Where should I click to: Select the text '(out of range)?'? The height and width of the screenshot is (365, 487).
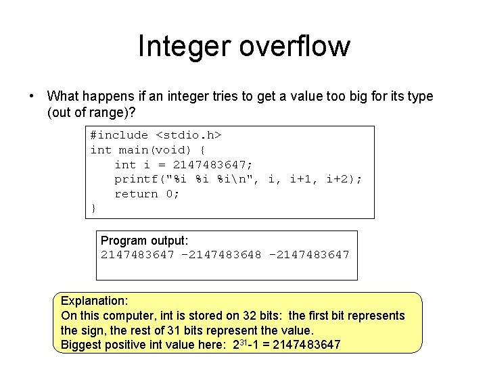pyautogui.click(x=91, y=112)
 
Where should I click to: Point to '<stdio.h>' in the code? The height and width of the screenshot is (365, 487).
pyautogui.click(x=189, y=135)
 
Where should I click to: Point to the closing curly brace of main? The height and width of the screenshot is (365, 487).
pyautogui.click(x=93, y=208)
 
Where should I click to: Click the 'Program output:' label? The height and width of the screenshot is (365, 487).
pyautogui.click(x=145, y=241)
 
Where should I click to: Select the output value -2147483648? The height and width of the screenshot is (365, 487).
pyautogui.click(x=221, y=255)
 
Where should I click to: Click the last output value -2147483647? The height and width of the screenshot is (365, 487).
pyautogui.click(x=309, y=255)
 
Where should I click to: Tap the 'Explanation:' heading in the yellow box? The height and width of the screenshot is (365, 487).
pyautogui.click(x=95, y=301)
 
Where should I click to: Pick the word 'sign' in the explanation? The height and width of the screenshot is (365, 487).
pyautogui.click(x=91, y=331)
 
